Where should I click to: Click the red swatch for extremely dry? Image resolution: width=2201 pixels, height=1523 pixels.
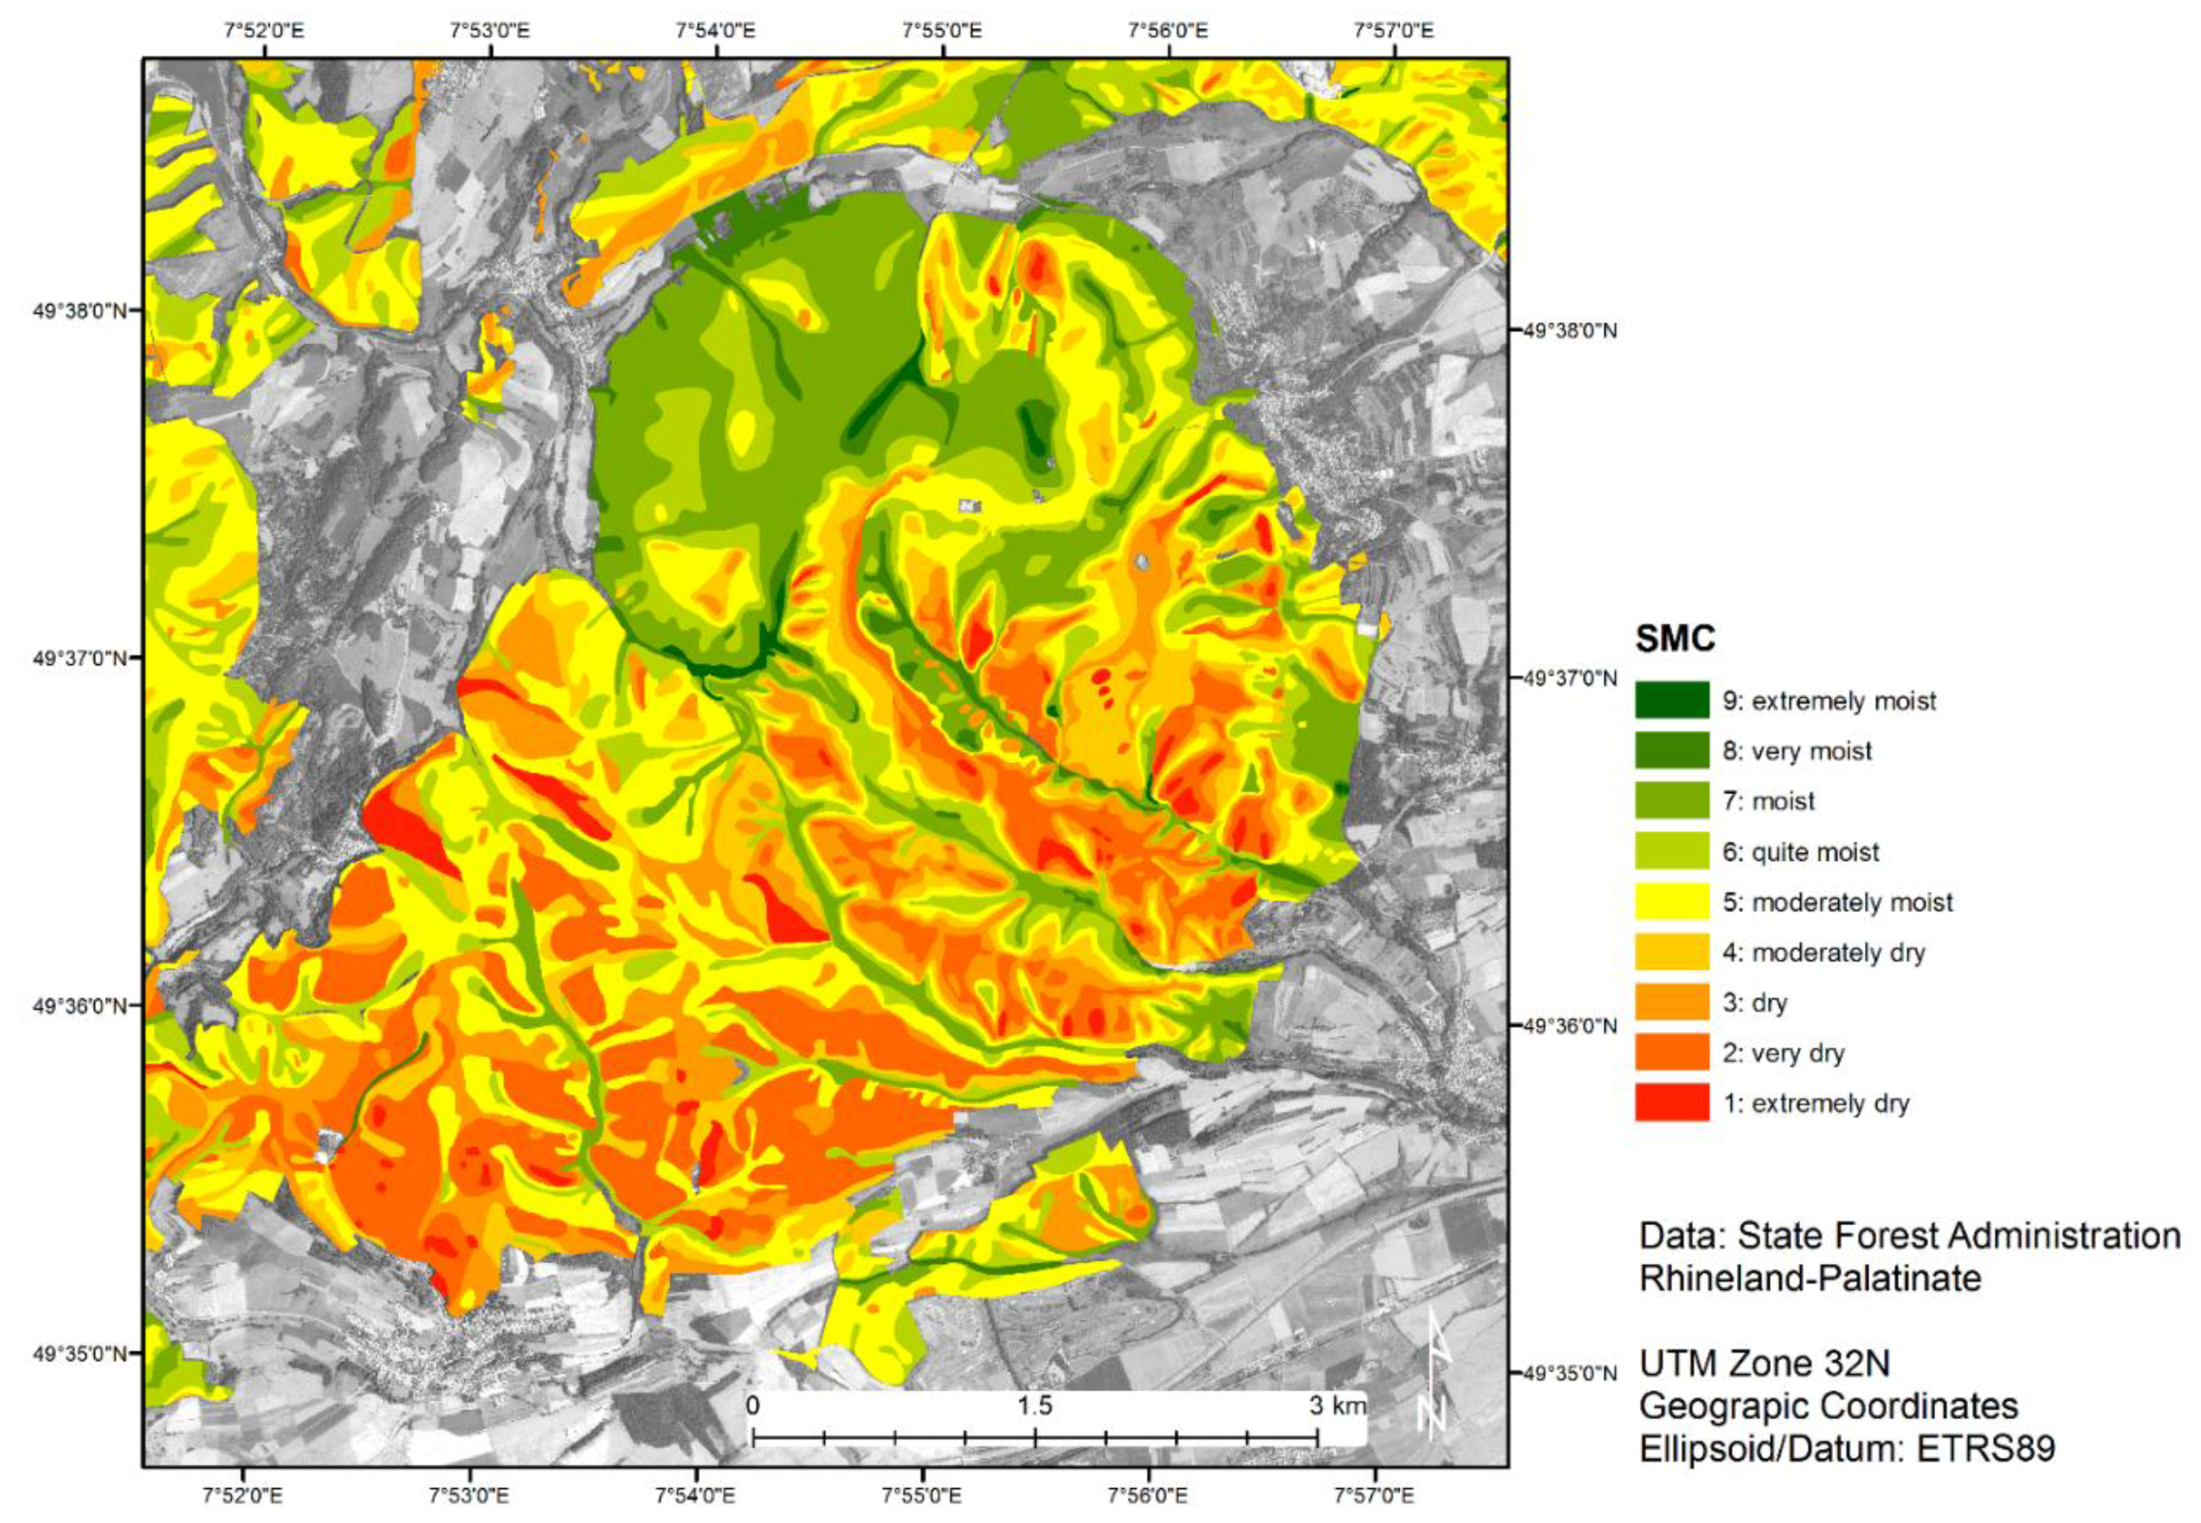tap(1671, 1102)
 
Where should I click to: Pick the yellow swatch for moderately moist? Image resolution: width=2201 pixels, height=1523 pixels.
tap(1671, 901)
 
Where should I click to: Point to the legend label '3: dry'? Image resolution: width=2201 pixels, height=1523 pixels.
tap(1755, 1002)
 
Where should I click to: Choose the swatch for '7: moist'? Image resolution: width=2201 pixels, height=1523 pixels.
tap(1671, 800)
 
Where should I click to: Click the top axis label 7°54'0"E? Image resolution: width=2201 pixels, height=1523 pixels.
tap(716, 31)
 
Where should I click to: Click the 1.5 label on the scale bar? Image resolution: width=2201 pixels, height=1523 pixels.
tap(1035, 1406)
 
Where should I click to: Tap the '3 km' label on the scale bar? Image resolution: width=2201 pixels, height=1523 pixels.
tap(1336, 1406)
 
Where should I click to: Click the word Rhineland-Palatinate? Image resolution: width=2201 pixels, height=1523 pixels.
tap(1810, 1278)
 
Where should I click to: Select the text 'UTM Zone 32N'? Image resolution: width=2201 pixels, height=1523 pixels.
tap(1764, 1364)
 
